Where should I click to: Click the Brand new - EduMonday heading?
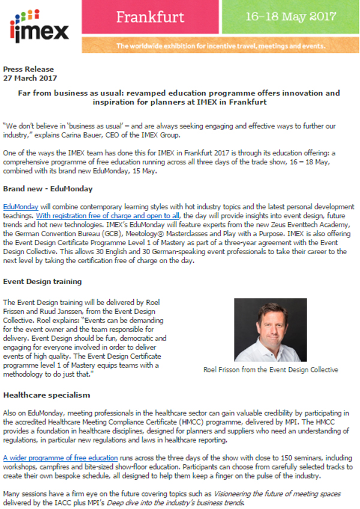click(x=48, y=189)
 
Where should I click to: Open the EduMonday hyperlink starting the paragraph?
click(x=20, y=206)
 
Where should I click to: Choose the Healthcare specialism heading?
click(x=46, y=396)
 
